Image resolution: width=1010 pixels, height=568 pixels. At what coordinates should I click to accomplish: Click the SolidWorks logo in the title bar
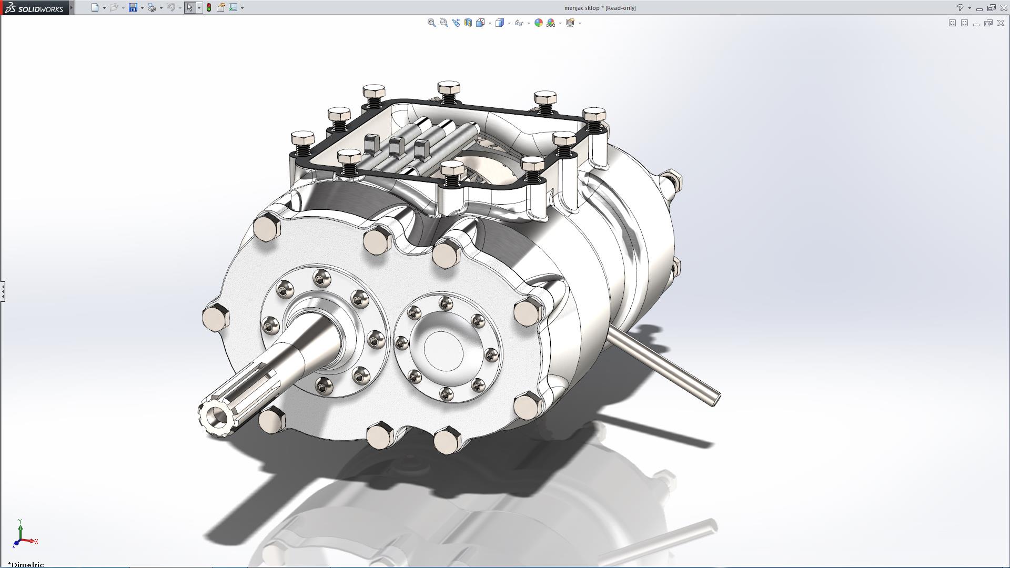coord(34,8)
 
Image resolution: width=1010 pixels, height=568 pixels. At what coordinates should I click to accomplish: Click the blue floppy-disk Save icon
coord(133,8)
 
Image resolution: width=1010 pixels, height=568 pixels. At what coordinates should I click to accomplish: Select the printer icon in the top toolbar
coord(151,8)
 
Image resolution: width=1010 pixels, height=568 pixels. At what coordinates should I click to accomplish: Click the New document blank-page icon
coord(95,8)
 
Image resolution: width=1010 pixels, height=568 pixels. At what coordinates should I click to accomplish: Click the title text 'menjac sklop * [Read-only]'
coord(600,8)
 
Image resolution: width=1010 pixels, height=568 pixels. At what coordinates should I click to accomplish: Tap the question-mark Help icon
coord(960,8)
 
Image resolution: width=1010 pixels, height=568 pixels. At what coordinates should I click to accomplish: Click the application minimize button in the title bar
coord(979,8)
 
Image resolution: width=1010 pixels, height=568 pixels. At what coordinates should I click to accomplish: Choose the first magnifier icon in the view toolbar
coord(431,23)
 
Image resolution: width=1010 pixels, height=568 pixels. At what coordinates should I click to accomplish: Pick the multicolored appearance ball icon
coord(538,23)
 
